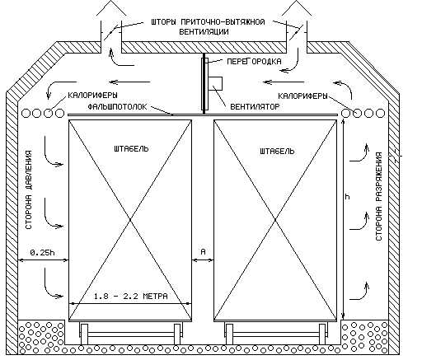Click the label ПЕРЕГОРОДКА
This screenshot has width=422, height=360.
(x=254, y=61)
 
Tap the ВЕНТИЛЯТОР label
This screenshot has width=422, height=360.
(x=255, y=106)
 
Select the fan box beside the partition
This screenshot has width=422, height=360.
(x=215, y=84)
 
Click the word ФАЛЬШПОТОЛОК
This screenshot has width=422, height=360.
(x=118, y=106)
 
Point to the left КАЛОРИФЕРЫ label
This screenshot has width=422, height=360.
(x=92, y=96)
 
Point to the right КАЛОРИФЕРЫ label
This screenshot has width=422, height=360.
(x=302, y=96)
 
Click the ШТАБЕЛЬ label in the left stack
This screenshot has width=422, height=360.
(x=131, y=148)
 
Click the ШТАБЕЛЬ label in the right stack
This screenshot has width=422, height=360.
(x=277, y=151)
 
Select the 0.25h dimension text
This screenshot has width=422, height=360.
(x=42, y=252)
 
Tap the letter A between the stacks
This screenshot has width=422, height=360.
(x=203, y=251)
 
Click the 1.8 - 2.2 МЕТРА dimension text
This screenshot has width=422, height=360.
(x=131, y=297)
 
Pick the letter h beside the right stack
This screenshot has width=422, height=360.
(x=348, y=196)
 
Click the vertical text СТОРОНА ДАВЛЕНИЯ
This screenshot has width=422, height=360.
(x=29, y=189)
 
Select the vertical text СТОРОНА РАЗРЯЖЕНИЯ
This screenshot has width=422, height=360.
(x=378, y=196)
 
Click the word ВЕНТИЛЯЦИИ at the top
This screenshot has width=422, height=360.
(x=204, y=31)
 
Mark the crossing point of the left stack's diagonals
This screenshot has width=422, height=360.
(x=130, y=220)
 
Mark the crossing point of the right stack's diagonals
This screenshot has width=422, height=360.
(x=275, y=220)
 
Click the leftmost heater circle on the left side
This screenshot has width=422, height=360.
(x=26, y=113)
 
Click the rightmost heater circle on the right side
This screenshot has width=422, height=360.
(x=380, y=113)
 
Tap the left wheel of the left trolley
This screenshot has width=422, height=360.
(x=84, y=334)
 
